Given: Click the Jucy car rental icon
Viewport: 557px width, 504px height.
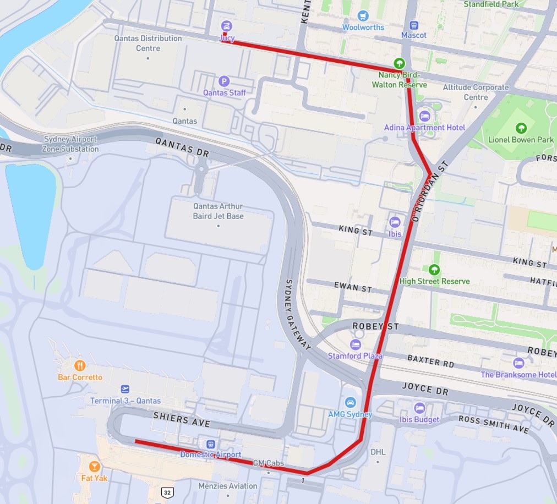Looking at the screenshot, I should pos(226,26).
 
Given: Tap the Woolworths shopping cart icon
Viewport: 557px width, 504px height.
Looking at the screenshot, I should pos(363,15).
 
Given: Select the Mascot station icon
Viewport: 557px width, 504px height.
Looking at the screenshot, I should pos(414,25).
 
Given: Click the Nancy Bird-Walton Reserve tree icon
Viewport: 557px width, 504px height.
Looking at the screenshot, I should pos(400,64).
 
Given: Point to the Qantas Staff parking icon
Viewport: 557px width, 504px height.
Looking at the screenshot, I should pos(223,81).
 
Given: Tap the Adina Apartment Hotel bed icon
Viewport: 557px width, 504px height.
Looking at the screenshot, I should pos(424,116).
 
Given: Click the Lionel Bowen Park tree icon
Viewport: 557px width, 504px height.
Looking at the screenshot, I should pos(521,128).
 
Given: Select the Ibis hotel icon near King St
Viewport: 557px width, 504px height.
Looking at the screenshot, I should pos(395,222).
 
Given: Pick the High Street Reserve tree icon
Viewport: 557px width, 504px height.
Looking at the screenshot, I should pos(434,270).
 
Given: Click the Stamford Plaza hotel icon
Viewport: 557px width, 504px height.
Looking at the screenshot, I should pos(356,344).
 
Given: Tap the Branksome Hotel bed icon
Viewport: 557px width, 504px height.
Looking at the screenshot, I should pos(518,363).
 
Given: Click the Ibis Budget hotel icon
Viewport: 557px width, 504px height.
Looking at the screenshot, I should pos(419,408).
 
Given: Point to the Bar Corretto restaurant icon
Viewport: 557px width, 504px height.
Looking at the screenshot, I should pos(80,365).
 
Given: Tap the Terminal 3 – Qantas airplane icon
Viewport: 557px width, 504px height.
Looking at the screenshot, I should pos(125,389).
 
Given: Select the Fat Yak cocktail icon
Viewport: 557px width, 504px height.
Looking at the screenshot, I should pos(94,466).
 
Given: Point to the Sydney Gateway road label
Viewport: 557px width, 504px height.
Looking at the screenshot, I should pos(298,314).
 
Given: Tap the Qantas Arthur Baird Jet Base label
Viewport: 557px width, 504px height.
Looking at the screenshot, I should pos(218,211).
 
